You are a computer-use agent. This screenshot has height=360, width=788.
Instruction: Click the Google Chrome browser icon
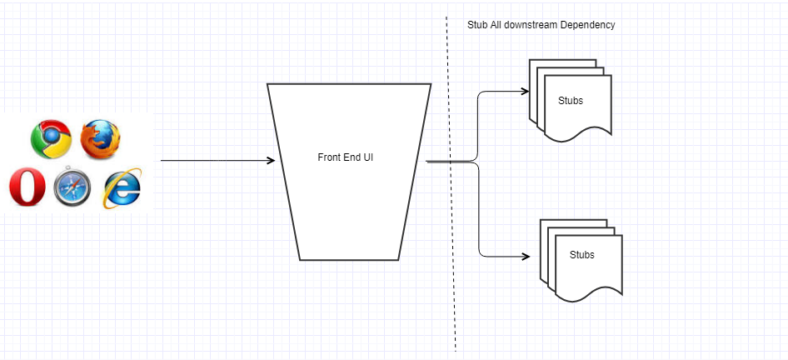coord(51,139)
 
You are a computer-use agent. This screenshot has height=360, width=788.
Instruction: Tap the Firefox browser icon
coord(101,139)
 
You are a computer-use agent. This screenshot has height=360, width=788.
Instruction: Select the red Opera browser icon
coord(27,187)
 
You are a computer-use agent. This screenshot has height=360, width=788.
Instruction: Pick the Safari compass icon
coord(72,187)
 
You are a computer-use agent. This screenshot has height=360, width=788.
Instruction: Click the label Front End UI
coord(345,157)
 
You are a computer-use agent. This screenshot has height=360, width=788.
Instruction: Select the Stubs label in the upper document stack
coord(571,101)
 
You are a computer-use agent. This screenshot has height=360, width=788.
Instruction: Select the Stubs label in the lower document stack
coord(582,255)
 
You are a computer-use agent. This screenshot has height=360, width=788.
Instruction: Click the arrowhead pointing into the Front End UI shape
coord(271,160)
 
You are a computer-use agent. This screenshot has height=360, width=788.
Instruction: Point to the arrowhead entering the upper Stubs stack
coord(525,91)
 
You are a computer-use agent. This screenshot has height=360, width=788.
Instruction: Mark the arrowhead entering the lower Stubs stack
coord(526,257)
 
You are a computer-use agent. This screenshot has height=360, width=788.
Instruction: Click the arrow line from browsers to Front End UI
coord(218,160)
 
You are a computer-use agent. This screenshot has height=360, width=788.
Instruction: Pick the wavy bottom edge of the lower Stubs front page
coord(589,293)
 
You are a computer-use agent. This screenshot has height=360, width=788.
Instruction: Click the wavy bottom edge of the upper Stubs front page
coord(578,133)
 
